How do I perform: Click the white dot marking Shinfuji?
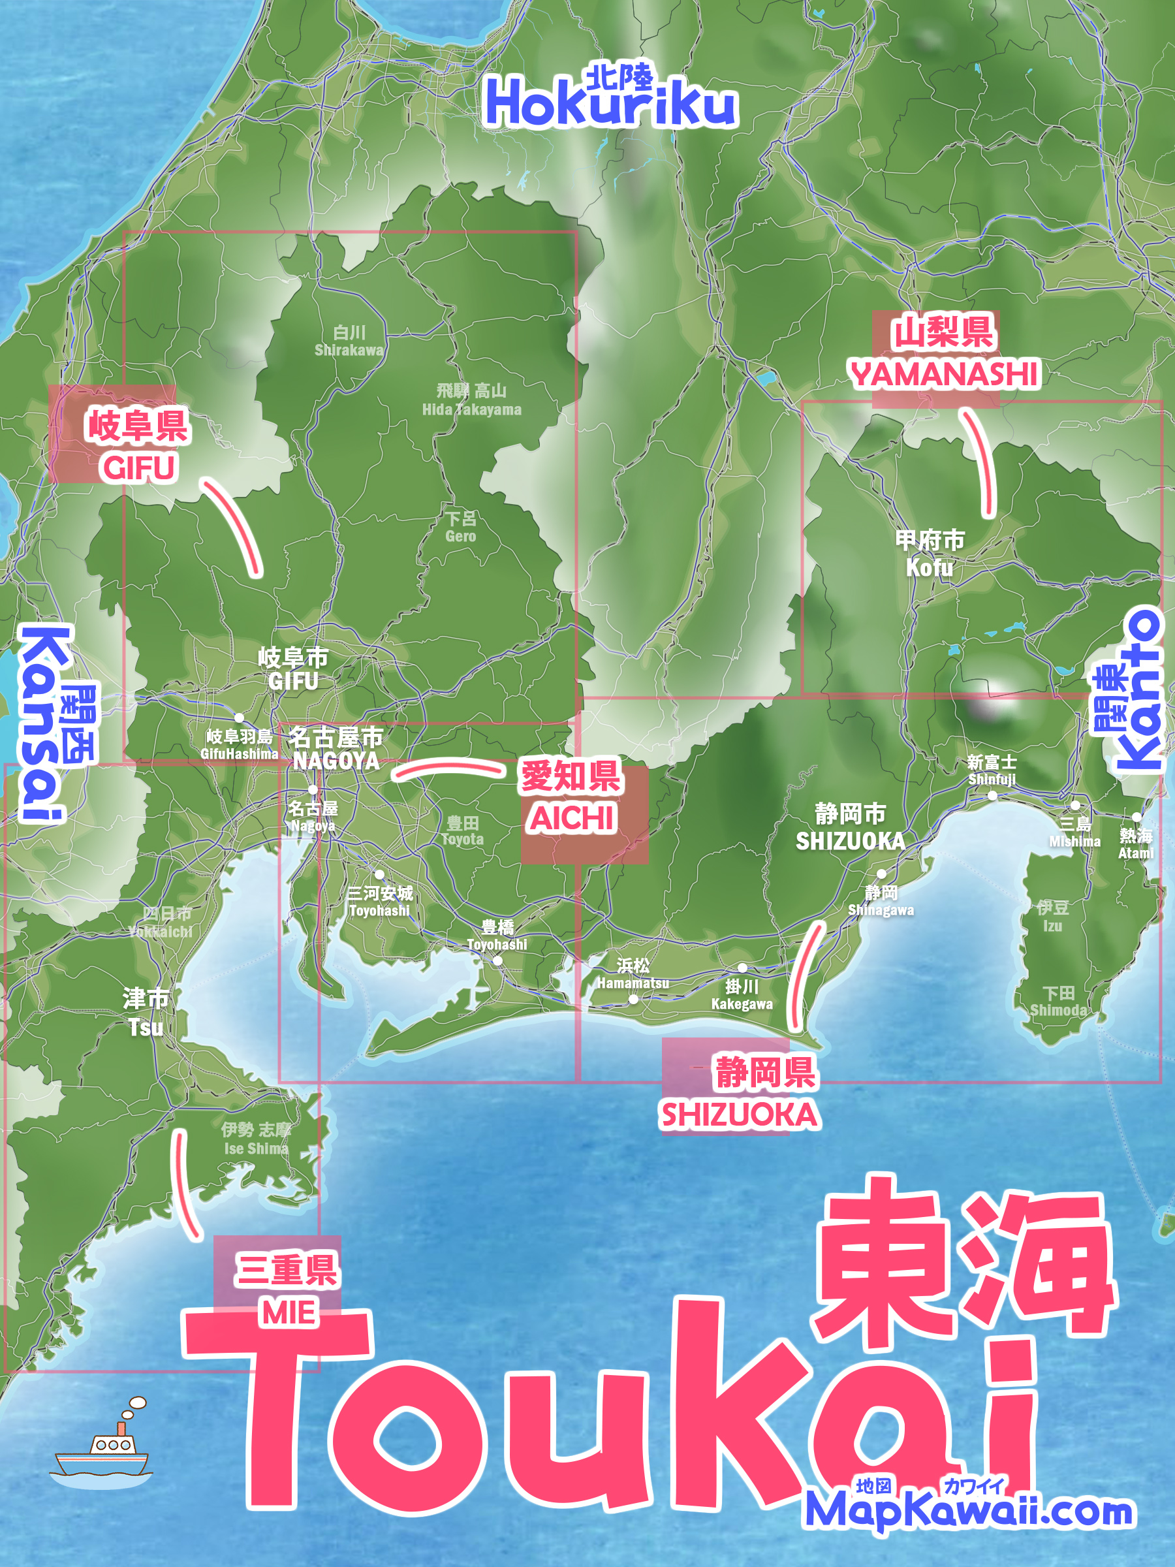tap(992, 795)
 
